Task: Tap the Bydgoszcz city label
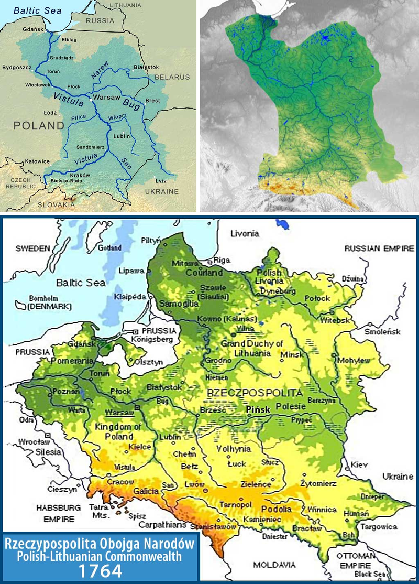click(17, 68)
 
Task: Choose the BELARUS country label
click(172, 77)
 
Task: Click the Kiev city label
click(360, 465)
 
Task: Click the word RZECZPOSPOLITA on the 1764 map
click(255, 392)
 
